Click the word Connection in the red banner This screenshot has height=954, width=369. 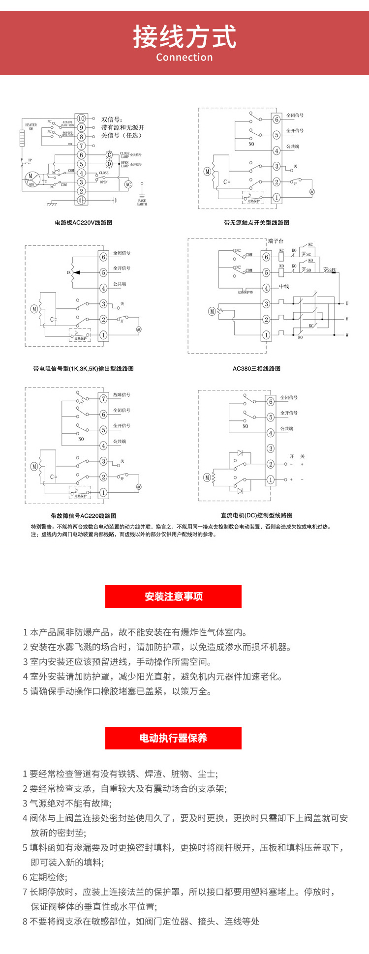(184, 58)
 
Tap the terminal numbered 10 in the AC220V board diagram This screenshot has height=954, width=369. (81, 119)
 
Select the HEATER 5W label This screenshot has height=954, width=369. (31, 127)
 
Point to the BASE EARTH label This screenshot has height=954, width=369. (142, 202)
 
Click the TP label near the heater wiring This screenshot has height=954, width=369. (30, 160)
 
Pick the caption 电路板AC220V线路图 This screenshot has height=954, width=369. (84, 223)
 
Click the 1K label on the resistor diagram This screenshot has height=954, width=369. (69, 272)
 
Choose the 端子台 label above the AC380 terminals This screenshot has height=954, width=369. (276, 241)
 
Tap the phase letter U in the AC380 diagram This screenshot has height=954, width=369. (347, 304)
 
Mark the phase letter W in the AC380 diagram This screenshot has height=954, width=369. (347, 335)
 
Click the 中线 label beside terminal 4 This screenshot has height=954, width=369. (284, 287)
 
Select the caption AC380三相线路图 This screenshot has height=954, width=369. (256, 369)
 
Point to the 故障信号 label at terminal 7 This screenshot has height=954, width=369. (122, 395)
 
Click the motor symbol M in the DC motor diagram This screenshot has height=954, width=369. (207, 477)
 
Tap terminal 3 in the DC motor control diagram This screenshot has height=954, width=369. (271, 448)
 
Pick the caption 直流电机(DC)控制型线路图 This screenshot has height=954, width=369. (256, 515)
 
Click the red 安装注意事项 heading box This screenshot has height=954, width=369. (173, 596)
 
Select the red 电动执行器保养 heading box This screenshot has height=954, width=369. (173, 738)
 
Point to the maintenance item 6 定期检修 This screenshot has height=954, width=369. (45, 877)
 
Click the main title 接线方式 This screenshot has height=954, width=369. (184, 37)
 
